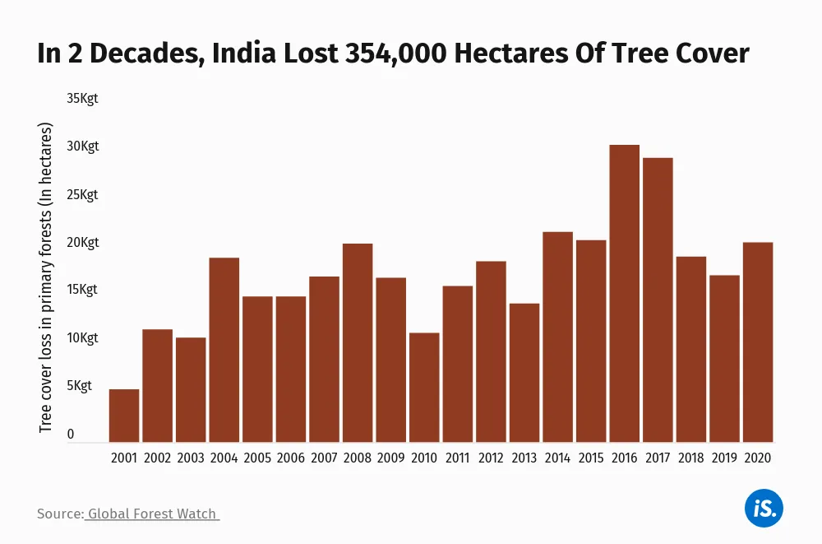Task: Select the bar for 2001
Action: coord(124,416)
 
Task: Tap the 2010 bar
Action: coord(424,388)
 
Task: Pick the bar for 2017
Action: coord(658,300)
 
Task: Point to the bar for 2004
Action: coord(224,350)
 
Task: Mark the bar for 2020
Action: coord(758,342)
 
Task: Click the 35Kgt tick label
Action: coord(83,99)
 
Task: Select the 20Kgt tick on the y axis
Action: coord(83,243)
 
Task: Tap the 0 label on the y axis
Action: coord(71,434)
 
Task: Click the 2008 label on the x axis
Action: coord(358,458)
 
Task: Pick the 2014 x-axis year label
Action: coord(557,458)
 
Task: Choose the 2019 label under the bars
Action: coord(724,458)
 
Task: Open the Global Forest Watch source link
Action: coord(152,514)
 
